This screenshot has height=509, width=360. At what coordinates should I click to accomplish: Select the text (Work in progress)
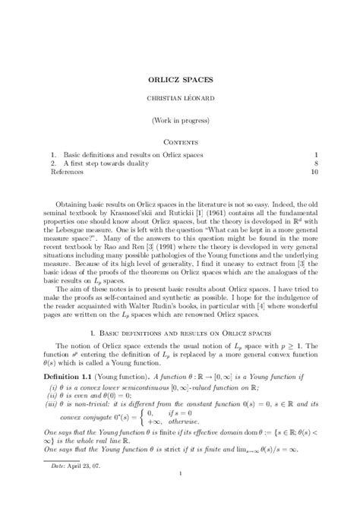[180, 121]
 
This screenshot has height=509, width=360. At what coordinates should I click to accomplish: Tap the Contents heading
[180, 141]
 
